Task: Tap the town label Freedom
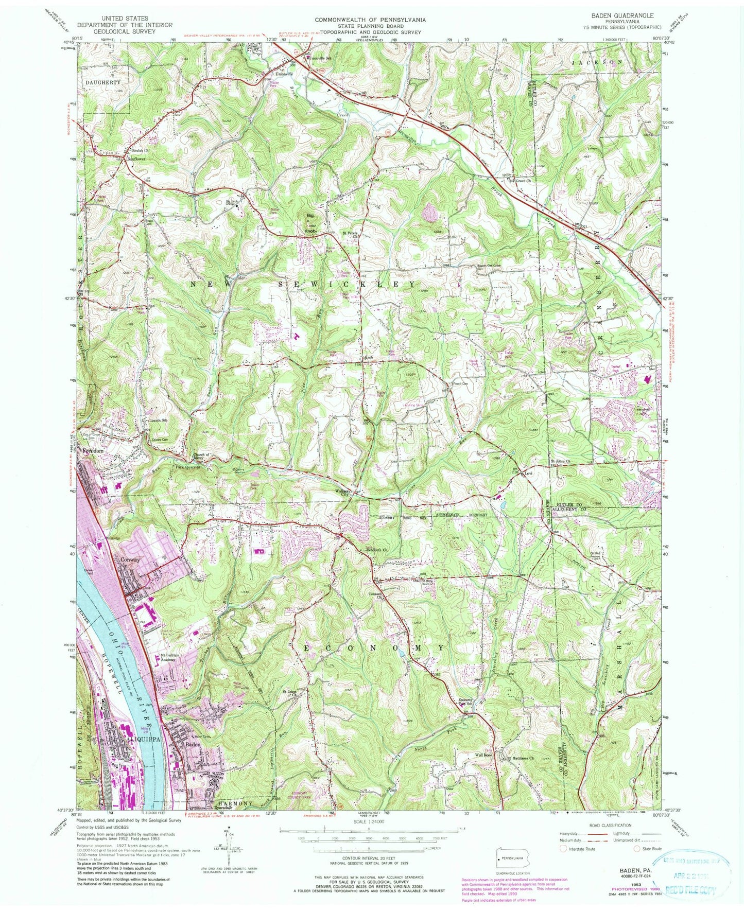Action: [93, 451]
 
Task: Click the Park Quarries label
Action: [186, 467]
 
